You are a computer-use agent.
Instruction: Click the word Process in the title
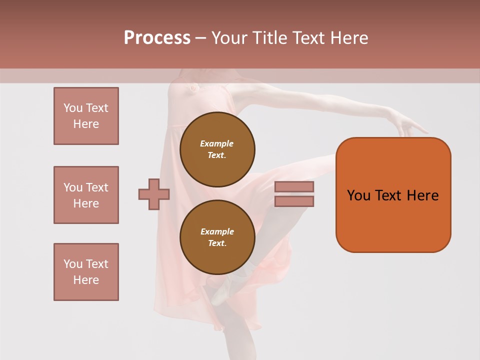coord(157,38)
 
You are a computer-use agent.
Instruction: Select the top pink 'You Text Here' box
coord(86,116)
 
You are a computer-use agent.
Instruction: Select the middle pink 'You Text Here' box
coord(86,195)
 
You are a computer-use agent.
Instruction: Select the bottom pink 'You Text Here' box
coord(86,272)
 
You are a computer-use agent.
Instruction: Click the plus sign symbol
coord(154,194)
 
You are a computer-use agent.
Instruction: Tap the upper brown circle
coord(217,149)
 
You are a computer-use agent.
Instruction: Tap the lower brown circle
coord(217,237)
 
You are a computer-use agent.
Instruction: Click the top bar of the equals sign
coord(294,186)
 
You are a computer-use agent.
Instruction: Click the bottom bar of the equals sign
coord(294,201)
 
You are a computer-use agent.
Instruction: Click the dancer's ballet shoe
coord(222,290)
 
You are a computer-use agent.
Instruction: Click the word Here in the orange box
coord(422,195)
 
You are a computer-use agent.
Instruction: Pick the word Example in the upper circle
coord(216,143)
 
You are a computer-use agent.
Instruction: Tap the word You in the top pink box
coord(72,108)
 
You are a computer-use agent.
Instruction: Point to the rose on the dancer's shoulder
coord(192,88)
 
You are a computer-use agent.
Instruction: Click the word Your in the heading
coord(229,38)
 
